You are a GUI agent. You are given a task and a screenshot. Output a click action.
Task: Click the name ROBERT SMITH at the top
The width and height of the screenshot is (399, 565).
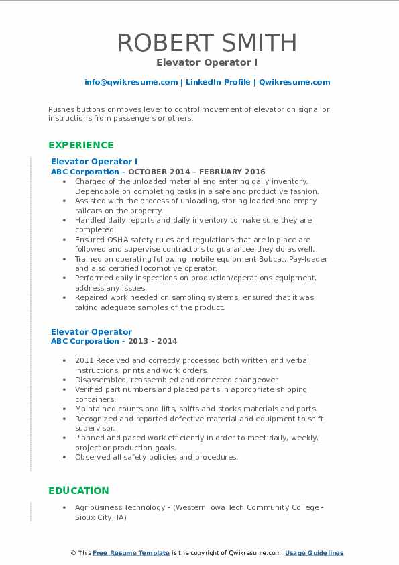click(207, 42)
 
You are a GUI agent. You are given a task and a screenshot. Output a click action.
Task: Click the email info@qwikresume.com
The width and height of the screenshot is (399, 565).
click(131, 82)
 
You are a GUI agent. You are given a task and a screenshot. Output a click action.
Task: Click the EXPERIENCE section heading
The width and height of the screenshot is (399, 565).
click(81, 145)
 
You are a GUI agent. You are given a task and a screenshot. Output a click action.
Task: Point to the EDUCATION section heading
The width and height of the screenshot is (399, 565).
click(78, 491)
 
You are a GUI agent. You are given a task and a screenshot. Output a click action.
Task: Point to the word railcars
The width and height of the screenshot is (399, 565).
click(90, 211)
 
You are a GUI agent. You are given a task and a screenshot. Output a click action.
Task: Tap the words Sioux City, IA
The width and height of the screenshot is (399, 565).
click(101, 518)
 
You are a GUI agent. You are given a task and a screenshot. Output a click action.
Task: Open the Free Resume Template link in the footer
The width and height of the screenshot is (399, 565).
click(131, 553)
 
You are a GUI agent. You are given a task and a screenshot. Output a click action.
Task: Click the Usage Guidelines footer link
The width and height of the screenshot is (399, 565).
click(314, 553)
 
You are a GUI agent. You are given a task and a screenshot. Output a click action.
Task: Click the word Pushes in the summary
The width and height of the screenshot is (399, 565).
click(62, 109)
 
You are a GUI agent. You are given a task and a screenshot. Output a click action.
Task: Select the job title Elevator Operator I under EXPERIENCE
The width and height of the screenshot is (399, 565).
click(94, 162)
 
